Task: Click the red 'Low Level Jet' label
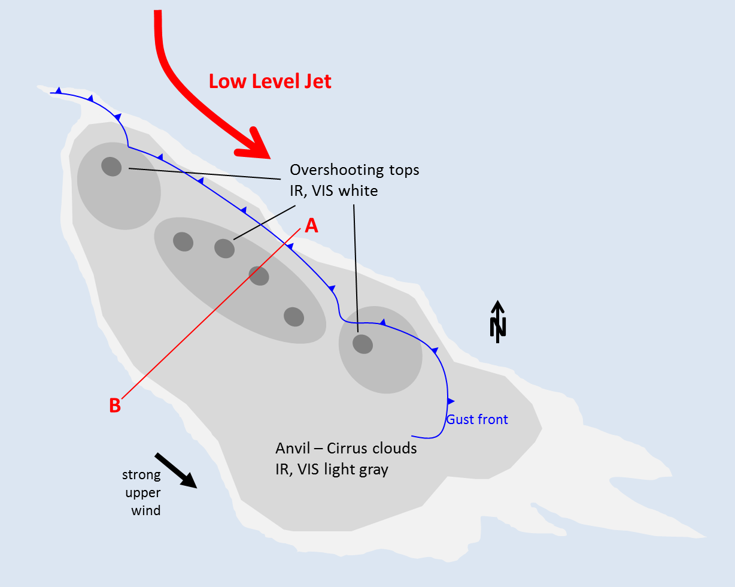[270, 81]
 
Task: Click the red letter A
[311, 225]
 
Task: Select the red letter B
[115, 406]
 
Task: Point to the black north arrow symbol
[498, 322]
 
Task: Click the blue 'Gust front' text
[477, 419]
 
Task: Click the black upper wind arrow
[177, 471]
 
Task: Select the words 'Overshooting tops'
[355, 170]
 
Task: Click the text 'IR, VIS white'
[334, 191]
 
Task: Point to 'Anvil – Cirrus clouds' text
[346, 449]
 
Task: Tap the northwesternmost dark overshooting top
[111, 166]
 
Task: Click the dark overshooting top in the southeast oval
[362, 344]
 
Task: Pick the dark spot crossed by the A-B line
[259, 276]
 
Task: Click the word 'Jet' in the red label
[317, 81]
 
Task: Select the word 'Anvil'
[293, 449]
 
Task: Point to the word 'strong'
[142, 475]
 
